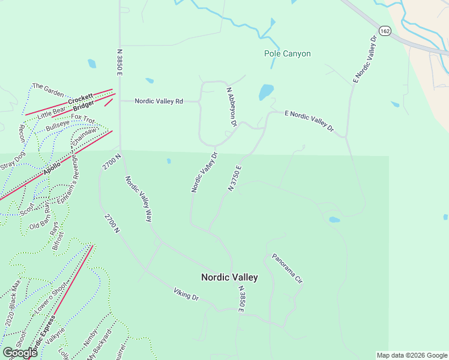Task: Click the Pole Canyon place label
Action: [x=288, y=53]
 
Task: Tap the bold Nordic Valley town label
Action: [x=229, y=277]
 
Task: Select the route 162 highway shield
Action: [x=384, y=30]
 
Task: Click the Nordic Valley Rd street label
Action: [x=158, y=101]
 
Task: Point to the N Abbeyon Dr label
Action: [x=232, y=106]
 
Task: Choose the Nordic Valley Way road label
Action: [x=138, y=199]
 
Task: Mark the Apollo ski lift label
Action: [x=52, y=167]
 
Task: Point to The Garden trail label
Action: [x=48, y=90]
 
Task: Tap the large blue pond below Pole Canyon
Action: [x=266, y=92]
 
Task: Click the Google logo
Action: [x=20, y=353]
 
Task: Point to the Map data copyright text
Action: [x=411, y=355]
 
